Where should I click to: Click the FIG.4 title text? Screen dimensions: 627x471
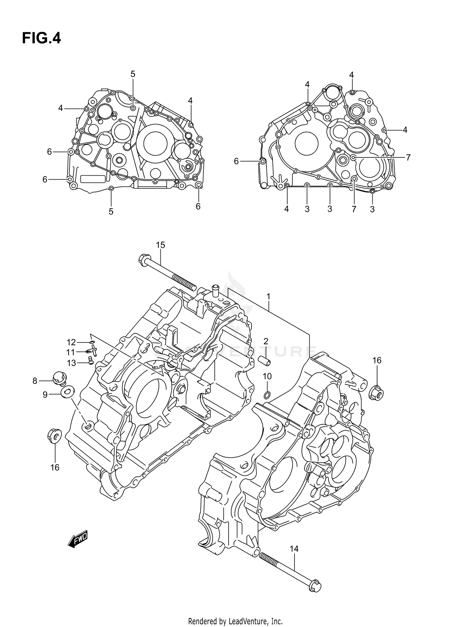click(41, 38)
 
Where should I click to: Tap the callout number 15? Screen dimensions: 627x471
click(160, 245)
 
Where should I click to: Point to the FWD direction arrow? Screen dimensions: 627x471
click(78, 540)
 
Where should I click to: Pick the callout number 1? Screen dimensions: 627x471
click(269, 296)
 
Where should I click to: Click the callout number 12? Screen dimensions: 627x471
click(71, 342)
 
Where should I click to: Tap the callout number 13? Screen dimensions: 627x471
click(71, 363)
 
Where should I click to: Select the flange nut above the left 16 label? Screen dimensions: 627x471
click(54, 436)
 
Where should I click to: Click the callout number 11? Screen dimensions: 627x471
click(71, 352)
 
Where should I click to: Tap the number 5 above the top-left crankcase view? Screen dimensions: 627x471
click(133, 74)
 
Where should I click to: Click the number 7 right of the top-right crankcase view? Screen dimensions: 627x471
click(408, 158)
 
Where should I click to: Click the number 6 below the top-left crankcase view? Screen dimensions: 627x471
click(198, 206)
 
